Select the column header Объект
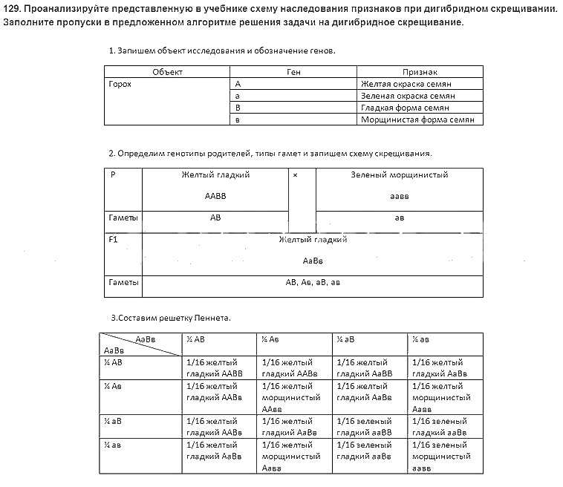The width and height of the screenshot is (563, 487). point(167,72)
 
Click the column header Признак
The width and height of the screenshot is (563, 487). point(420,72)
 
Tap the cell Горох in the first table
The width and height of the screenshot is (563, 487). point(120,84)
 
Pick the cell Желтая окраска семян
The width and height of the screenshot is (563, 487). point(406,84)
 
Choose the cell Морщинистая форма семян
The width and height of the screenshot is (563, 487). point(417,120)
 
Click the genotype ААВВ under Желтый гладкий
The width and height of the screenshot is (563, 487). point(215,197)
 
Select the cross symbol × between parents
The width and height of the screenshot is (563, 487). point(296,175)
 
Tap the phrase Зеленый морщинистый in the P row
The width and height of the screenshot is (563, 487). point(399,175)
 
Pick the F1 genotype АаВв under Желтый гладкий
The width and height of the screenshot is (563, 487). point(313,261)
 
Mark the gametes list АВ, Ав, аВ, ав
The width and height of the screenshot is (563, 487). point(313,283)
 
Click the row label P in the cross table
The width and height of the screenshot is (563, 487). point(113,175)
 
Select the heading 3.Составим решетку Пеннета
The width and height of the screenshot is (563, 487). point(171,318)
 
